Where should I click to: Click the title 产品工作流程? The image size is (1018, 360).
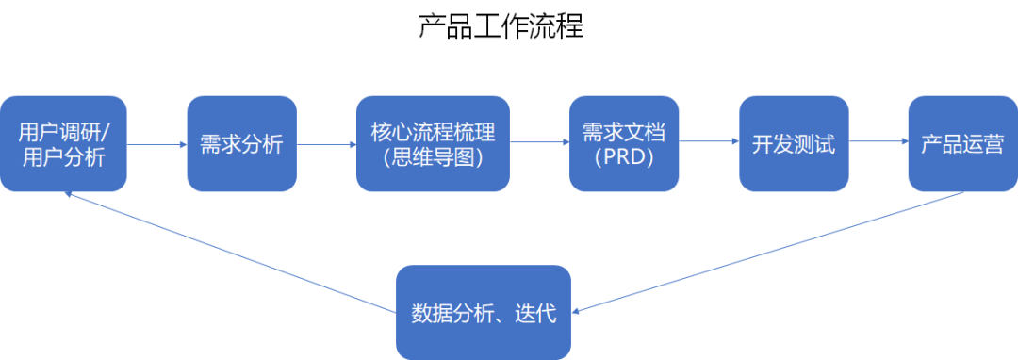pyautogui.click(x=501, y=25)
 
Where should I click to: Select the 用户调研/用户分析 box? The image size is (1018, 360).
pyautogui.click(x=63, y=144)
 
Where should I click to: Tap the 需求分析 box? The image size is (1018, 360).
pyautogui.click(x=241, y=144)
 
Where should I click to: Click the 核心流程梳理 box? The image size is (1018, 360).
pyautogui.click(x=433, y=144)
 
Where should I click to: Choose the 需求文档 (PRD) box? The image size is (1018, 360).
pyautogui.click(x=623, y=144)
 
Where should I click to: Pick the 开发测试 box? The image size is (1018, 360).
pyautogui.click(x=794, y=144)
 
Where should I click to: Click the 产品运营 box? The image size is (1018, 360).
pyautogui.click(x=962, y=144)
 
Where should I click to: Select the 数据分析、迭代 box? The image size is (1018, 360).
pyautogui.click(x=484, y=313)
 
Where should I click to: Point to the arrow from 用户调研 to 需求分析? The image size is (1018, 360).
pyautogui.click(x=156, y=144)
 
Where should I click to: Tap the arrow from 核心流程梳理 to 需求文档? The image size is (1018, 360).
pyautogui.click(x=539, y=142)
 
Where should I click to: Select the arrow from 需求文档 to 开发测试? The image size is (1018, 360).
pyautogui.click(x=708, y=141)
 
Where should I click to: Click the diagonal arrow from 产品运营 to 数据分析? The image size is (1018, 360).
pyautogui.click(x=768, y=253)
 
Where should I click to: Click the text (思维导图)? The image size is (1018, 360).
pyautogui.click(x=433, y=157)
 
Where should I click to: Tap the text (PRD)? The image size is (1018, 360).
pyautogui.click(x=623, y=157)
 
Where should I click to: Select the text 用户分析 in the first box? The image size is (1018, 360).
pyautogui.click(x=63, y=157)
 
